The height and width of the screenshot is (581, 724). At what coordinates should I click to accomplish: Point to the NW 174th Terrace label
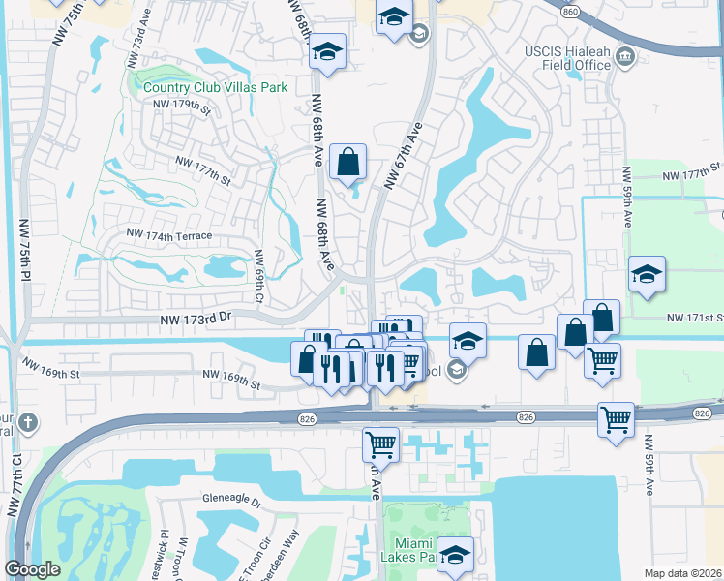pos(168,235)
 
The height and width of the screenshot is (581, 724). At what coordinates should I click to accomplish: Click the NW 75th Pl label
pos(22,250)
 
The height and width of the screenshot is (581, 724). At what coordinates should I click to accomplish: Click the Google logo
pos(32,569)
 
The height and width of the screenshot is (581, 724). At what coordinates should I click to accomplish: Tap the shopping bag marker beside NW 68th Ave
pos(347,162)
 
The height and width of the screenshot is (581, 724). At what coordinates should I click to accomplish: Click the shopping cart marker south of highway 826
pos(380,444)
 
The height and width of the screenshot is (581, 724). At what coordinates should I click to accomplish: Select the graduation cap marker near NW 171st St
pos(647,274)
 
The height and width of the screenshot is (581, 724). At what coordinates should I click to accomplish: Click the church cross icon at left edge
pos(28,423)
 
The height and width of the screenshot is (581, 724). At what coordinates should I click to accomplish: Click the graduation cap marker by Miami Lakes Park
pos(454,554)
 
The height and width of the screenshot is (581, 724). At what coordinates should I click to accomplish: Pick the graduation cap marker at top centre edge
pos(394,17)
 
